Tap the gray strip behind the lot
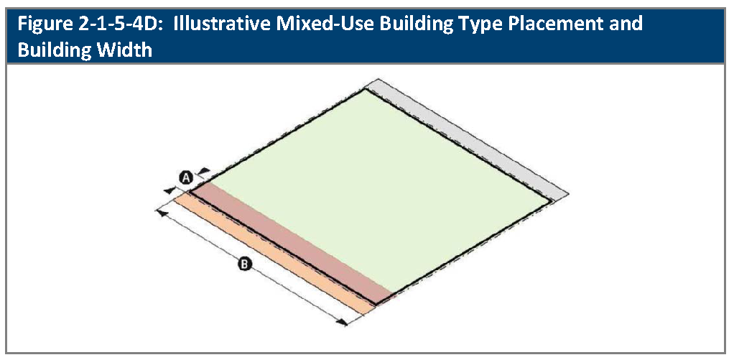click(x=468, y=138)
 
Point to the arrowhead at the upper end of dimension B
click(x=161, y=213)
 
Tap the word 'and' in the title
click(x=626, y=24)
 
